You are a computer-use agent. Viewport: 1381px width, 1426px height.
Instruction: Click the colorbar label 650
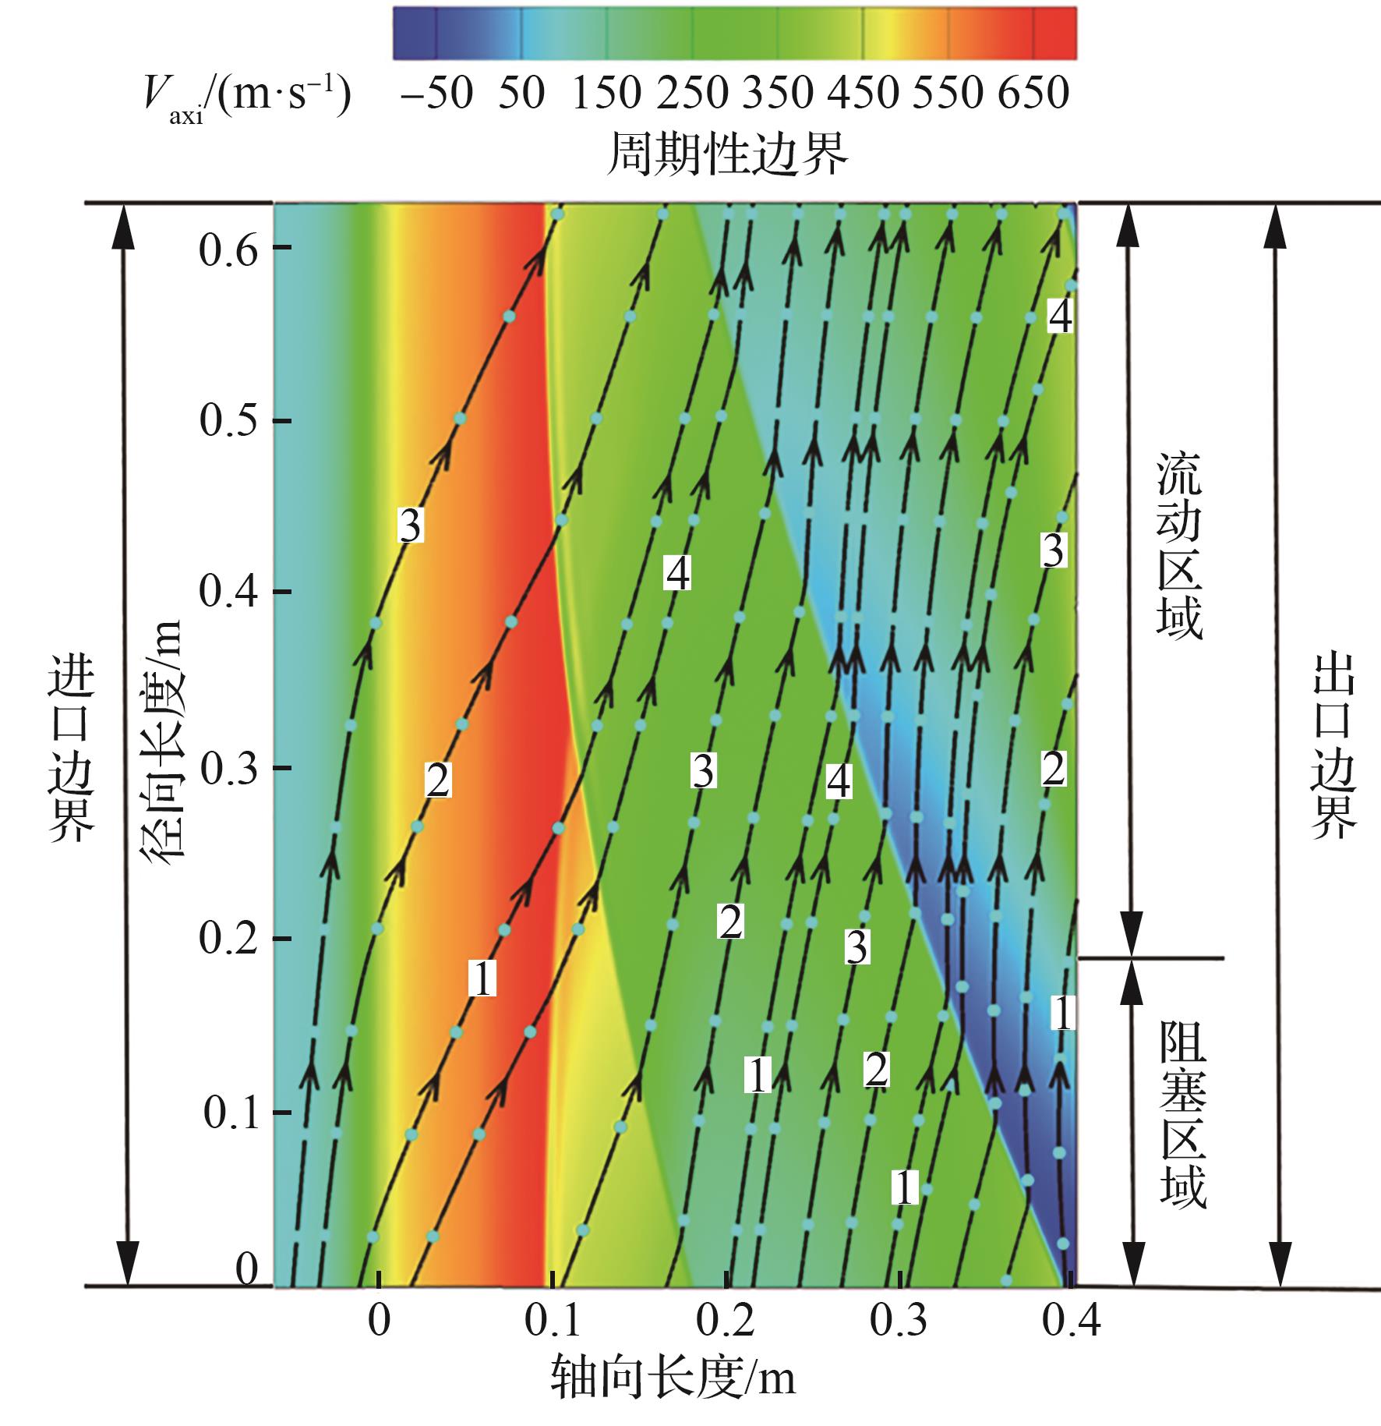click(1033, 94)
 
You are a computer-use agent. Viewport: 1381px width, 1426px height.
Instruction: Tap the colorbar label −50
click(436, 94)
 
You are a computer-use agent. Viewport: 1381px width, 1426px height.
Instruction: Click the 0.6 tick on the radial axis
click(228, 250)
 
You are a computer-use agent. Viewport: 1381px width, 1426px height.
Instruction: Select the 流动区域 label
click(1179, 546)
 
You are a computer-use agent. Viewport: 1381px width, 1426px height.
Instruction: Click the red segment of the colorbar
click(1054, 34)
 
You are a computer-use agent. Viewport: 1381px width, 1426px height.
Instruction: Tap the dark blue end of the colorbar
click(413, 34)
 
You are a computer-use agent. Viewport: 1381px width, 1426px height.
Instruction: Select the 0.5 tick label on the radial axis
click(228, 422)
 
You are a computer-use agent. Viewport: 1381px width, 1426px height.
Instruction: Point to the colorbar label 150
click(606, 94)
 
